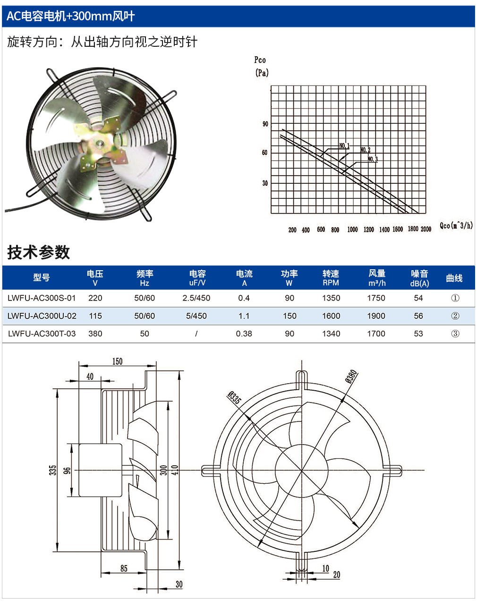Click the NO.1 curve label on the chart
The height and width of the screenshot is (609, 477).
pyautogui.click(x=344, y=146)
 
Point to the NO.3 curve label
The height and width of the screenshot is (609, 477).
pyautogui.click(x=373, y=159)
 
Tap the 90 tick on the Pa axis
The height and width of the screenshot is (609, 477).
pyautogui.click(x=265, y=124)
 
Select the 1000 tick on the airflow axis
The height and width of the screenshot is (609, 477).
pyautogui.click(x=352, y=230)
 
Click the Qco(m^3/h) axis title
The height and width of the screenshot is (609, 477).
pyautogui.click(x=456, y=225)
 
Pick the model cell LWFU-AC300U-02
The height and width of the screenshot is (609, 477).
pyautogui.click(x=42, y=316)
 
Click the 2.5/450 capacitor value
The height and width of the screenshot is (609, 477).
pyautogui.click(x=196, y=298)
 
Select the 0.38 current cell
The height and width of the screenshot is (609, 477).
pyautogui.click(x=244, y=334)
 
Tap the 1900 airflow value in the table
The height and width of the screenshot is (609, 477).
pyautogui.click(x=376, y=316)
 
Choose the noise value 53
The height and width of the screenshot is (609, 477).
pyautogui.click(x=418, y=334)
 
